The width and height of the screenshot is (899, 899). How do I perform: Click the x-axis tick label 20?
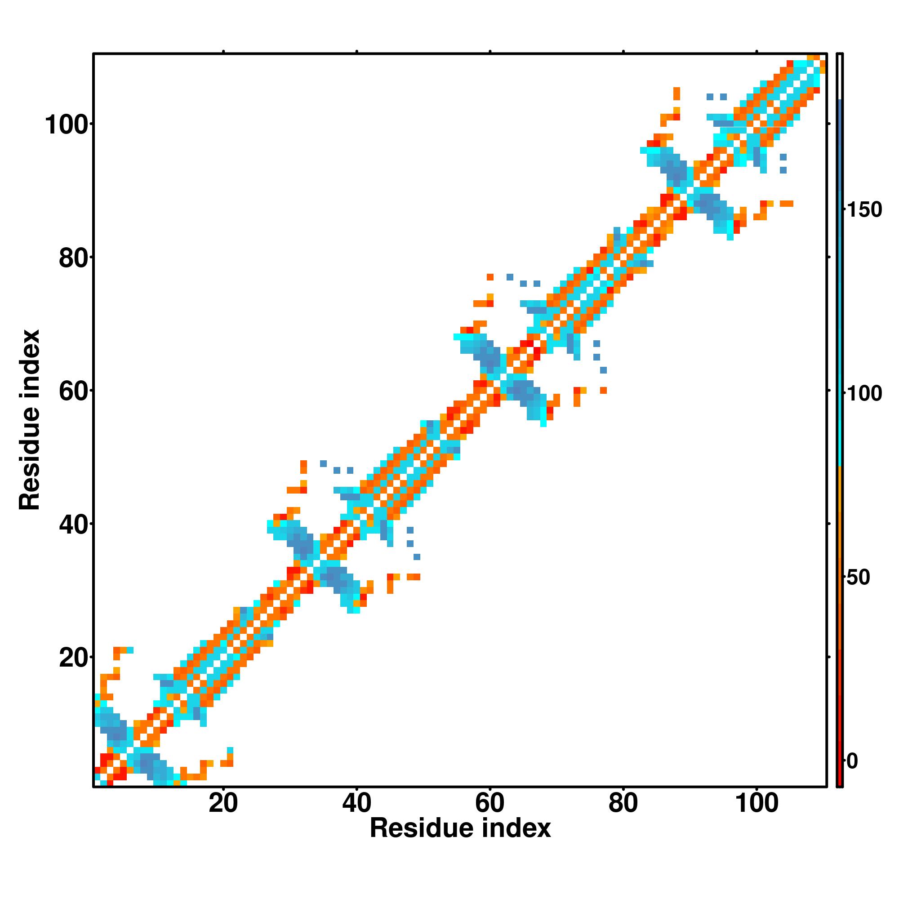click(x=223, y=816)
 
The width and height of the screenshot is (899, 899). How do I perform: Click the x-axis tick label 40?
click(x=356, y=816)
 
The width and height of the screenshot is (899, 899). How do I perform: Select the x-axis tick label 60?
click(x=490, y=816)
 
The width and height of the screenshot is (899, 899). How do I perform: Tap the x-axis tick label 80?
click(x=623, y=816)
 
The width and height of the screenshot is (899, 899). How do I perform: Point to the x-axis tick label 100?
click(x=756, y=816)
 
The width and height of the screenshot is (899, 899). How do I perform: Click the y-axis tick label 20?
click(x=74, y=658)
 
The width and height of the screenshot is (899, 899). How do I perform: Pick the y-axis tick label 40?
click(x=74, y=525)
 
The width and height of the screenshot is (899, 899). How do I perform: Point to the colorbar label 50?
click(x=858, y=578)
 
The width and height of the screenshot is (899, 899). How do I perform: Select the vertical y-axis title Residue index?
click(x=30, y=420)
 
